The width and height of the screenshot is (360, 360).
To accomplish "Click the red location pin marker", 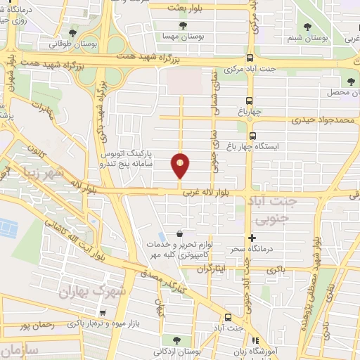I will (181, 165).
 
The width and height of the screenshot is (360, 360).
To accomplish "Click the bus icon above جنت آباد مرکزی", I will (251, 59).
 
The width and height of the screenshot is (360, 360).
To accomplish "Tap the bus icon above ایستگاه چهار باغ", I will (252, 136).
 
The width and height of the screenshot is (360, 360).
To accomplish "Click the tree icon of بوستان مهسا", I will (184, 25).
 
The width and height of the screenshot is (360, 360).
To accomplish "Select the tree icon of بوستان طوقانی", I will (73, 32).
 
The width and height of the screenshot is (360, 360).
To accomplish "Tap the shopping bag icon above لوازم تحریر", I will (180, 234).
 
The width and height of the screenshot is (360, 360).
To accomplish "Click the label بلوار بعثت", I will (186, 6).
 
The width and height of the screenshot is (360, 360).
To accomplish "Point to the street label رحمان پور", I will (39, 326).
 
